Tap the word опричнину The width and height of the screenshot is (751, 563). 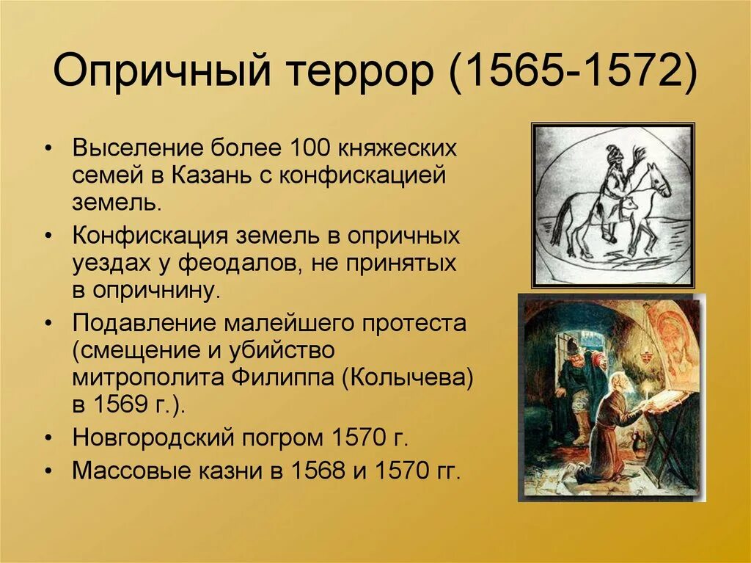155,289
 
